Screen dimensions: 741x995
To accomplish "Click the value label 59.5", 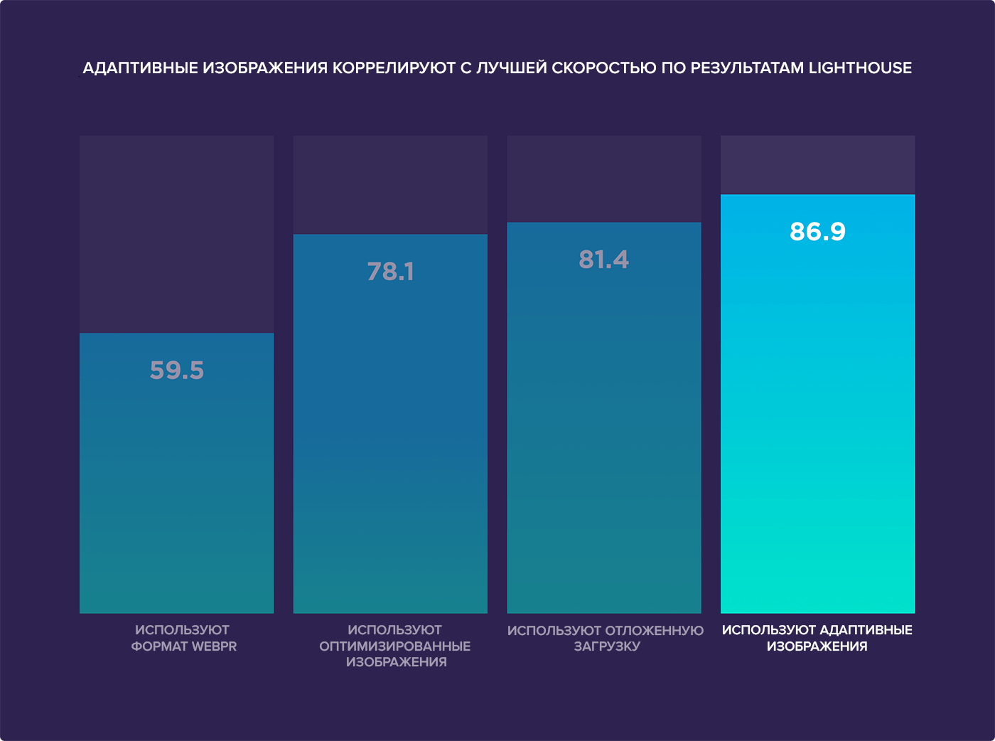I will click(x=177, y=370).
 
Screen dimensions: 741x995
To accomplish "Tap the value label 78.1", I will click(x=390, y=272).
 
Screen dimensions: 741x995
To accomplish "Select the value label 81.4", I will click(x=603, y=260).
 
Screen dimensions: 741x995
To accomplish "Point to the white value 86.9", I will click(x=817, y=232).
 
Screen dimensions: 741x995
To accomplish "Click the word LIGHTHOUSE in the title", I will click(x=860, y=68).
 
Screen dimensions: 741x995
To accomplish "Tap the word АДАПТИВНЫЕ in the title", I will click(x=141, y=68).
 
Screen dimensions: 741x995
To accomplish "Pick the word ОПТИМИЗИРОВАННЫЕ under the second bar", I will click(x=394, y=646).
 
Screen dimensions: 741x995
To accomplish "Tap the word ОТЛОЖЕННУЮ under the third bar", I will click(x=654, y=631).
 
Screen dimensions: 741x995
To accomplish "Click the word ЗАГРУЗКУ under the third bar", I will click(x=607, y=646).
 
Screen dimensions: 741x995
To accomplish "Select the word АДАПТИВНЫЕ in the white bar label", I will click(x=866, y=631).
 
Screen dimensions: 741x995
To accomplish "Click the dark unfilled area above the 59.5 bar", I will click(x=176, y=234).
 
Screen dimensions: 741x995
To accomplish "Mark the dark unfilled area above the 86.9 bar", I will click(x=817, y=164).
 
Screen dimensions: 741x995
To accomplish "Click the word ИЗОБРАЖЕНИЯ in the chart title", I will click(x=265, y=68).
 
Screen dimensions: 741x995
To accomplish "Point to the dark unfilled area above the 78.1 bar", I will click(x=390, y=184).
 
